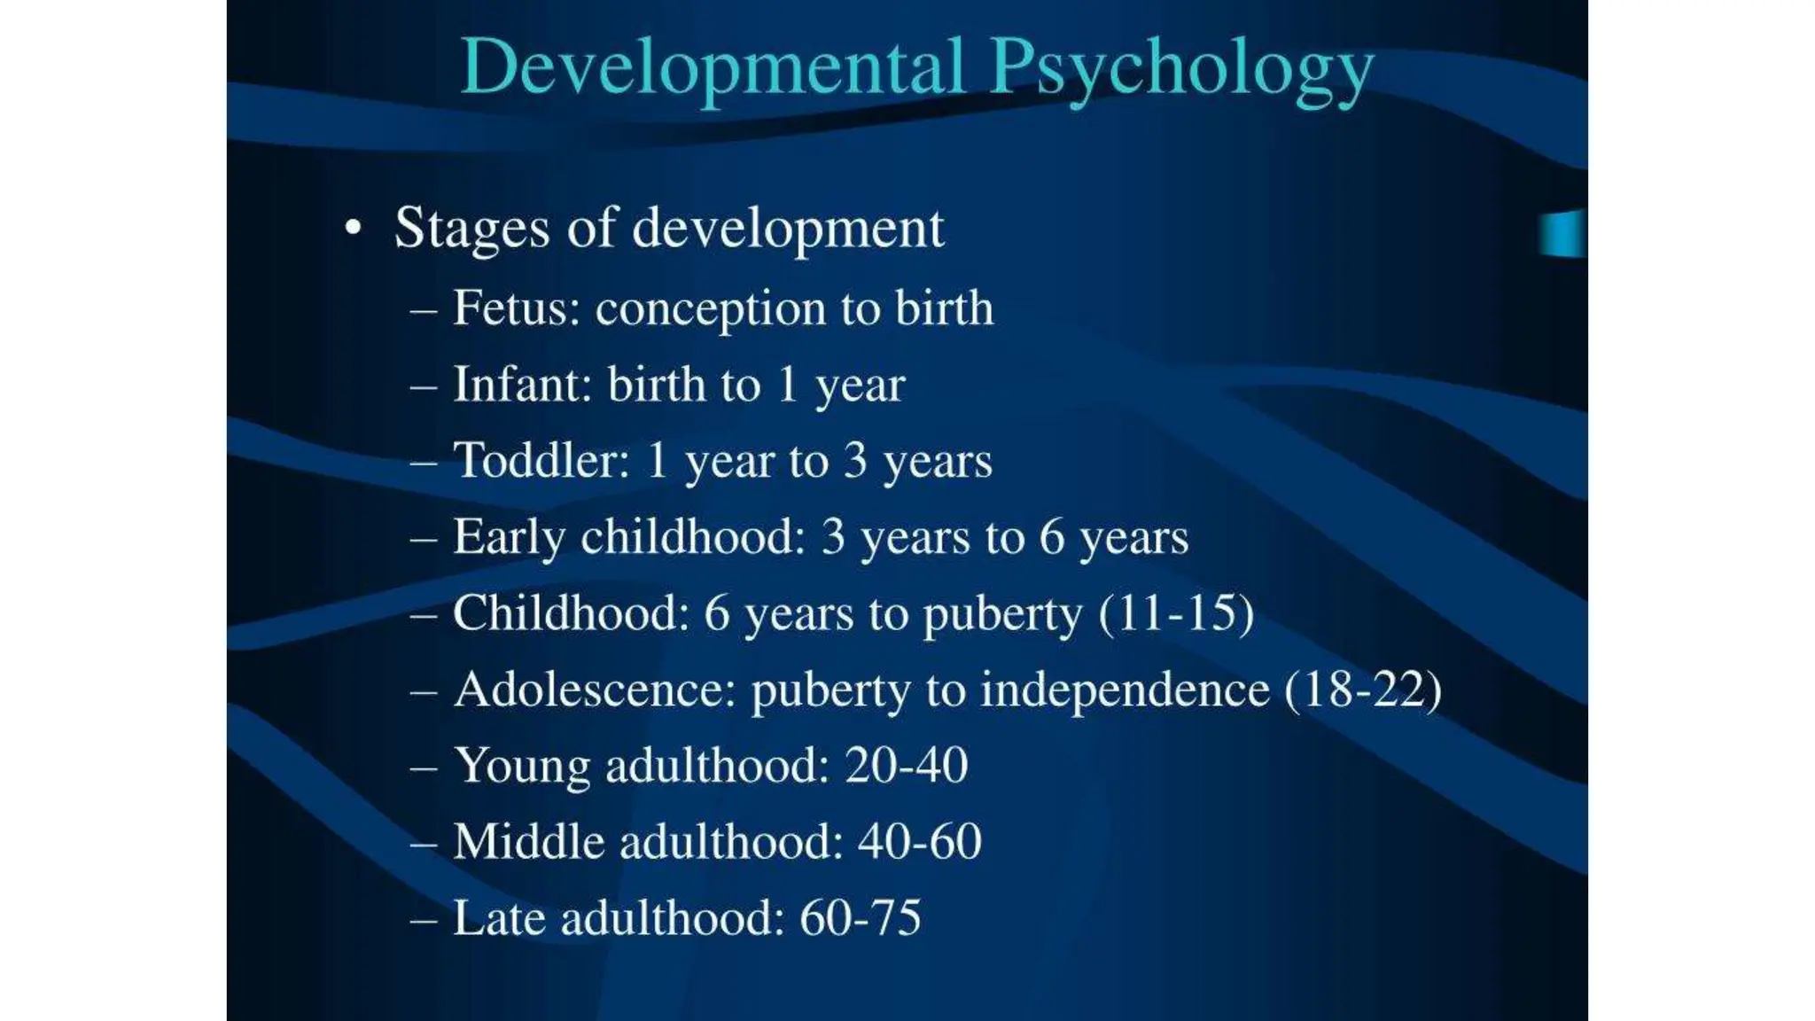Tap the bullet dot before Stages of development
pyautogui.click(x=354, y=229)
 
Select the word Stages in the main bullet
pyautogui.click(x=471, y=229)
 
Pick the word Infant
pyautogui.click(x=522, y=385)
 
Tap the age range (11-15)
pyautogui.click(x=1176, y=613)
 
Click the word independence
pyautogui.click(x=1125, y=690)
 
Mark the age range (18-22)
pyautogui.click(x=1363, y=690)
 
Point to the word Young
pyautogui.click(x=522, y=767)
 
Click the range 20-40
pyautogui.click(x=906, y=766)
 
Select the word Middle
pyautogui.click(x=528, y=842)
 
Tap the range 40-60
pyautogui.click(x=919, y=842)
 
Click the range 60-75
pyautogui.click(x=860, y=918)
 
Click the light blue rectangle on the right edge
pyautogui.click(x=1562, y=234)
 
